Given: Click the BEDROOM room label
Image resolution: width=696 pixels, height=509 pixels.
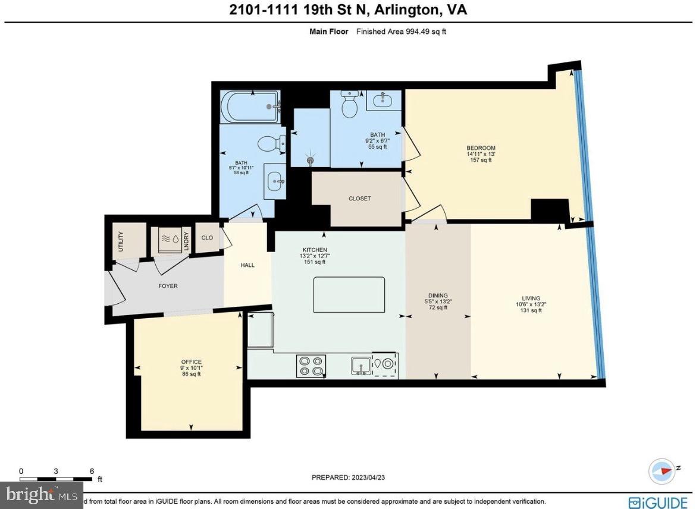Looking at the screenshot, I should (481, 148).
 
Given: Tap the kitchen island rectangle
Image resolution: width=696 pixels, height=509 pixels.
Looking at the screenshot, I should (349, 295).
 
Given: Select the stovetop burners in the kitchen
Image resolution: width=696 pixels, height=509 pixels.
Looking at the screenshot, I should (311, 366).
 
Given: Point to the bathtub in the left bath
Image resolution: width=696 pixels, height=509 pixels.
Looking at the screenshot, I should (250, 107).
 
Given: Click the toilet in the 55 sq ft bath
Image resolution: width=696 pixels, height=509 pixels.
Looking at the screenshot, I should (349, 105).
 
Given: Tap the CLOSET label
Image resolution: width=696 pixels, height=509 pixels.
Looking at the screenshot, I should (359, 199).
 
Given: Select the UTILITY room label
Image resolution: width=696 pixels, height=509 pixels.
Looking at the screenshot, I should (121, 241).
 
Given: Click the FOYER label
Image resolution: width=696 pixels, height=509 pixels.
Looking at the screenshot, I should (168, 286).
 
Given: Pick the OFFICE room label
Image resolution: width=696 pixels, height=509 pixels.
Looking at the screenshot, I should (192, 362).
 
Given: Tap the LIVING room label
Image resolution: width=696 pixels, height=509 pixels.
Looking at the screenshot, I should (531, 299).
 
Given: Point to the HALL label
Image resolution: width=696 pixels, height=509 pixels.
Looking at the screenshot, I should (247, 265).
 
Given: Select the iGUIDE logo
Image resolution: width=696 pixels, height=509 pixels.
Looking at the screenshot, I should (657, 502).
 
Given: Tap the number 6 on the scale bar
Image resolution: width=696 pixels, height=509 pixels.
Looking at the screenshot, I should (92, 471).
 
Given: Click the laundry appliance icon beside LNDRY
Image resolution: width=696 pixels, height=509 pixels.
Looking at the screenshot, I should (167, 241).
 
